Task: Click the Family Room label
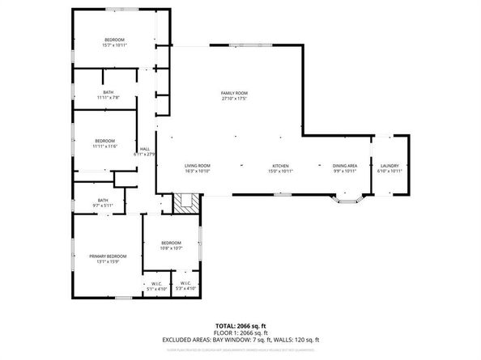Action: (235, 94)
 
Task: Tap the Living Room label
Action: (198, 165)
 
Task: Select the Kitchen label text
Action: (280, 165)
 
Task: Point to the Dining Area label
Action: (345, 165)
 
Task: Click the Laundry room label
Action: (389, 165)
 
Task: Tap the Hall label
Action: (145, 149)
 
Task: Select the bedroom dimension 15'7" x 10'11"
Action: (114, 45)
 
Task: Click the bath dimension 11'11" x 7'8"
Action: (109, 98)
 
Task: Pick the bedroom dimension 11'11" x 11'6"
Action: (104, 146)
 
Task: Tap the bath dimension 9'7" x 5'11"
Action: (103, 205)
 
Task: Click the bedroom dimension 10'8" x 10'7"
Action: (171, 248)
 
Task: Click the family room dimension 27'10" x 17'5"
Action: (235, 100)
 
